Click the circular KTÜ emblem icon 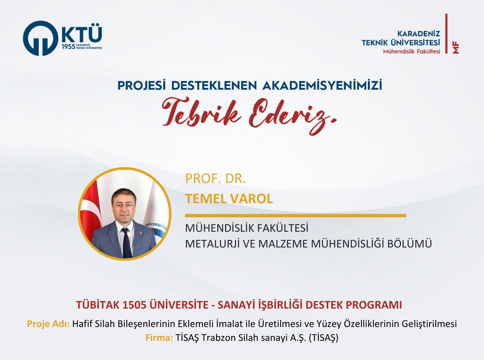[x=41, y=38]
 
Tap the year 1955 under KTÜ [x=68, y=46]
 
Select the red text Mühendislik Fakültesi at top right [x=412, y=51]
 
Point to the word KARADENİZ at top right [x=419, y=34]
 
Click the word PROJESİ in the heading [x=141, y=85]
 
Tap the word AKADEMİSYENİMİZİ [x=322, y=85]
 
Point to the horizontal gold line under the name [x=295, y=216]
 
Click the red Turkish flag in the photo [x=90, y=215]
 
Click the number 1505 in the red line [x=134, y=305]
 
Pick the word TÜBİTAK [x=98, y=304]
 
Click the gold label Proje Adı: [x=48, y=324]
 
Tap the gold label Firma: [x=159, y=338]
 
